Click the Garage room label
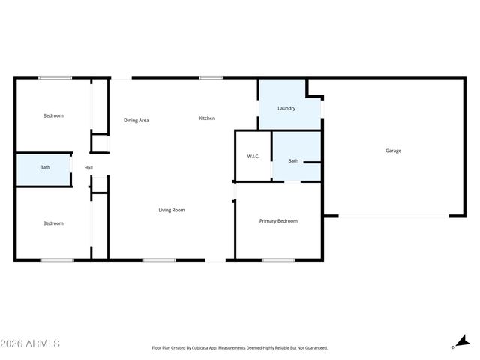click(393, 151)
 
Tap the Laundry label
click(286, 108)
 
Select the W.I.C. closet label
click(253, 156)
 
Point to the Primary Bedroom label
click(278, 221)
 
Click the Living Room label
click(171, 210)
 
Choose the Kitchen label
click(207, 118)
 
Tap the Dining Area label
click(136, 120)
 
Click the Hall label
click(88, 167)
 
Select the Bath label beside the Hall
click(45, 167)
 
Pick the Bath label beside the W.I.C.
click(293, 160)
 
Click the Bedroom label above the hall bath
click(53, 115)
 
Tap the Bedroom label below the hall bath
click(53, 223)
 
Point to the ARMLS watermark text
click(31, 343)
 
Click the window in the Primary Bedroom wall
click(278, 260)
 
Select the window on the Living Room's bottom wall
click(158, 260)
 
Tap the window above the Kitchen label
click(211, 77)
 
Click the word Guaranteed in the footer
click(313, 348)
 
